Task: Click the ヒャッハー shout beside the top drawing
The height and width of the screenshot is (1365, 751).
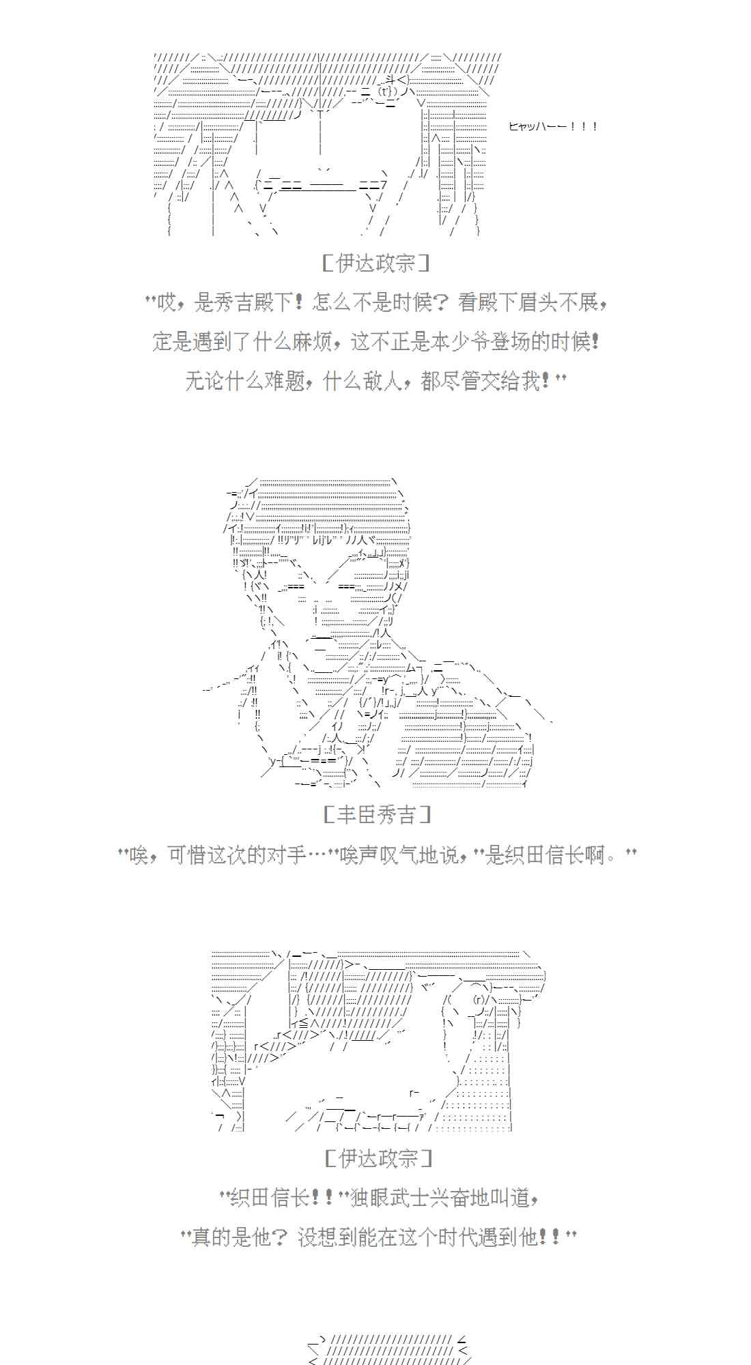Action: click(x=553, y=126)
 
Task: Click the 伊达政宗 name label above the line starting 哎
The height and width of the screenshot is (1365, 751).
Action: click(x=375, y=263)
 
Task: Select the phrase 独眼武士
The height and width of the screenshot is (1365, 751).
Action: click(x=392, y=1198)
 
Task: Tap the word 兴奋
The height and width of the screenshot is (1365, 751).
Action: click(x=451, y=1198)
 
